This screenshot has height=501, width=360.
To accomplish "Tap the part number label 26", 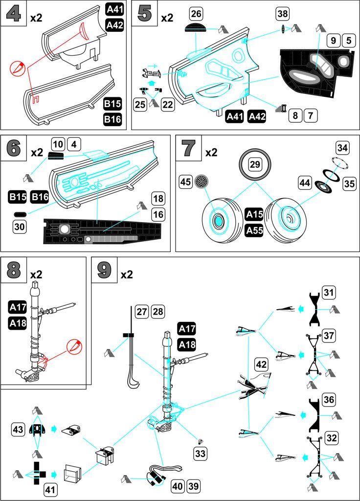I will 196,13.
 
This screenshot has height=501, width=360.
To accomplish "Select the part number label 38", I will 283,13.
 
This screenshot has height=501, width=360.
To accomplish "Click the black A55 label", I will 254,230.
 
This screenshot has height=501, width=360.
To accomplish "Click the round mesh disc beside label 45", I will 201,182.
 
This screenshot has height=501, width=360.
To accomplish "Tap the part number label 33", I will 201,454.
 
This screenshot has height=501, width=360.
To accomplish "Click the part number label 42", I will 261,365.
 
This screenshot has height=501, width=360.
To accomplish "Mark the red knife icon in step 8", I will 74,346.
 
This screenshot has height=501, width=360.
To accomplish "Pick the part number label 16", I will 157,214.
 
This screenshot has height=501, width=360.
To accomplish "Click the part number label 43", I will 19,430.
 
